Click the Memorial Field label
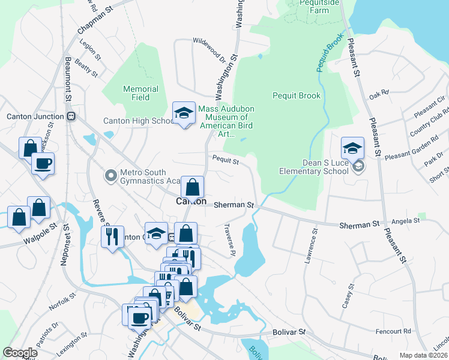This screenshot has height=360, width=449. (140, 93)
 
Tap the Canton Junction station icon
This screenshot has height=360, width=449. (71, 116)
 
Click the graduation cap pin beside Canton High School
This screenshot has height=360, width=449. (184, 112)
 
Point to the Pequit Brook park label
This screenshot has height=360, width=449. (297, 95)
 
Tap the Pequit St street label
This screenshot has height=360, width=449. (226, 160)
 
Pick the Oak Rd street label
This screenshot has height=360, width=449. (379, 94)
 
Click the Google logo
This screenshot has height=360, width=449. (20, 353)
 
